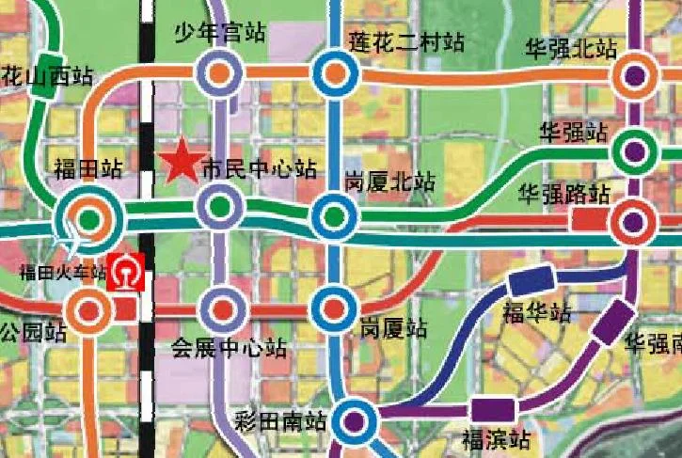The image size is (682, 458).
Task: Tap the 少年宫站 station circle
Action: (219, 71)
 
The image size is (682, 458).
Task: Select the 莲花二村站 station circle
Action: (332, 73)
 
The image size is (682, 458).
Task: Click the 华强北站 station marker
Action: (637, 75)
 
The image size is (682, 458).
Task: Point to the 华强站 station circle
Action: (635, 149)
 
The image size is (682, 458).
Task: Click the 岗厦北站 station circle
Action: (332, 216)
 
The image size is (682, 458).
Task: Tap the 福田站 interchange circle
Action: (89, 220)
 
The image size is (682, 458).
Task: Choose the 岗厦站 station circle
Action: (333, 307)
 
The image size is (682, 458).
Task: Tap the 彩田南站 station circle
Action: (355, 420)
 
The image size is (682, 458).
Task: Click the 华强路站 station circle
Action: (633, 223)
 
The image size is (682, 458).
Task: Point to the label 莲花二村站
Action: (406, 42)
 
